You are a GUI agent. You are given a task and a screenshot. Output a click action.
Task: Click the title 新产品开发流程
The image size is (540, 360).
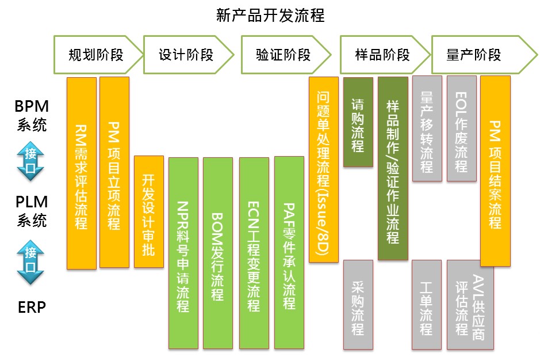[x=270, y=15]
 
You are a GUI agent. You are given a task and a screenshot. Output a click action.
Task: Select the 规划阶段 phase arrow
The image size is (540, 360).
[x=96, y=55]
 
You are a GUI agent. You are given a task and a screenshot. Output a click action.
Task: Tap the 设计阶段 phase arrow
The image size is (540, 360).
[x=186, y=55]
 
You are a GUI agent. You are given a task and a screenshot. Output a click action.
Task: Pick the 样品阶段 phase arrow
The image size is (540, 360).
[x=382, y=55]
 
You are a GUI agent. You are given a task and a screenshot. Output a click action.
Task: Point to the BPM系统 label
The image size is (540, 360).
[x=31, y=115]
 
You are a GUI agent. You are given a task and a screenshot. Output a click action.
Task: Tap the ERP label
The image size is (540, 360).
[x=31, y=307]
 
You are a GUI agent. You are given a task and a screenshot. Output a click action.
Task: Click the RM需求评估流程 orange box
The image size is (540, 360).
[x=81, y=173]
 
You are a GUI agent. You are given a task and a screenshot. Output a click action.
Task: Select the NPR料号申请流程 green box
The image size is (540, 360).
[x=183, y=252]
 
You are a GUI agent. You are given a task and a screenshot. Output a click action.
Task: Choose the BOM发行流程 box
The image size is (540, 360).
[x=217, y=252]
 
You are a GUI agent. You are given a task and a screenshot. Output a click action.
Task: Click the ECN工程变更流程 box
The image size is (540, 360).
[x=253, y=252]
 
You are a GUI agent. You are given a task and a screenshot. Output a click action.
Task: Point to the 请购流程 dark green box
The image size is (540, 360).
[x=358, y=122]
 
